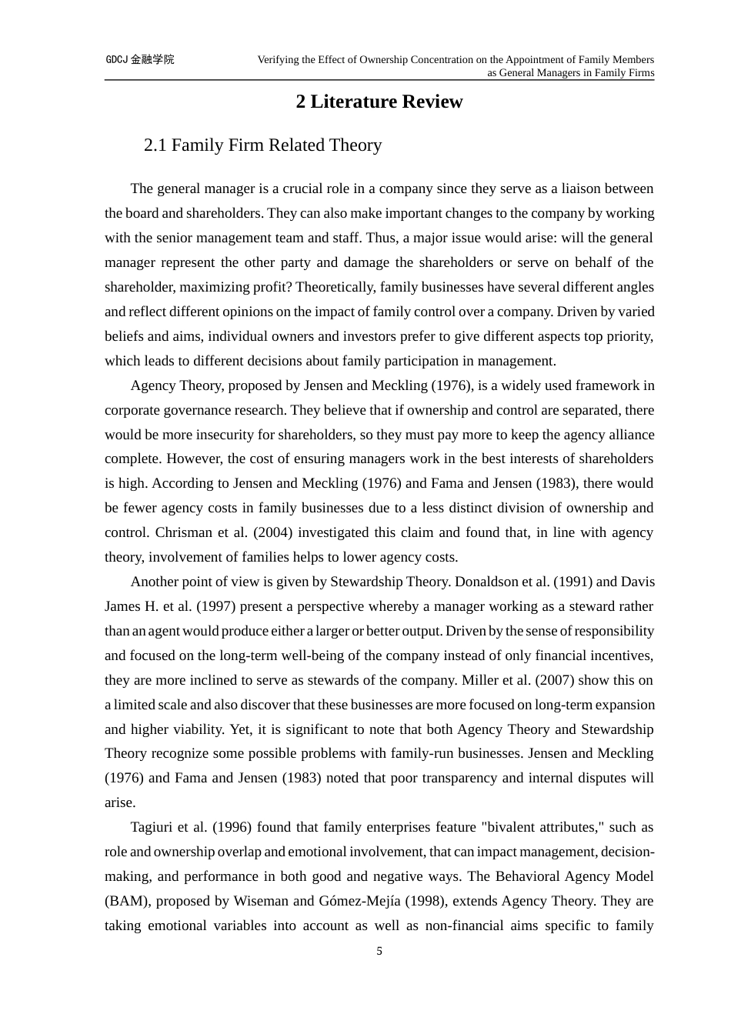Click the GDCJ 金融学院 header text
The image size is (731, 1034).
pos(139,59)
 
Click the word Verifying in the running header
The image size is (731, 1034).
pos(278,59)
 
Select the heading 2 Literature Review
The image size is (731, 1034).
pos(379,102)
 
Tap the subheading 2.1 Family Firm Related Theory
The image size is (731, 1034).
pos(262,145)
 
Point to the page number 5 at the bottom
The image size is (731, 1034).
pos(379,952)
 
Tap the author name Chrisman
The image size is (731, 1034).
pos(182,532)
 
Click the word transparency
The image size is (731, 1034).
pos(456,778)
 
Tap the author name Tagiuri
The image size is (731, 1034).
pos(153,827)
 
